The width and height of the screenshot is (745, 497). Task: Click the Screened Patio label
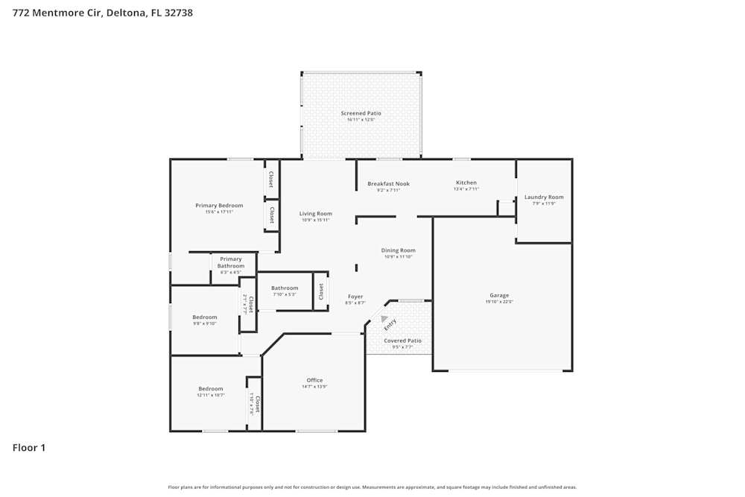click(x=361, y=113)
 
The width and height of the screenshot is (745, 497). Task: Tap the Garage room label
click(x=499, y=295)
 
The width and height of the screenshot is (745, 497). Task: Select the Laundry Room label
click(x=544, y=197)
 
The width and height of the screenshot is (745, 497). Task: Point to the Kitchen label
click(x=466, y=183)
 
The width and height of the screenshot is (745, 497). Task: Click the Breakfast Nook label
click(x=388, y=184)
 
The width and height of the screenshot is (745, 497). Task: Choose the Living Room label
click(x=316, y=214)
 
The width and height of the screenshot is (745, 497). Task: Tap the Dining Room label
click(x=399, y=250)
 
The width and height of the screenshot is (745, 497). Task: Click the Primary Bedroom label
click(x=219, y=206)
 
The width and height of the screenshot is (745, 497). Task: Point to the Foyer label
click(x=355, y=297)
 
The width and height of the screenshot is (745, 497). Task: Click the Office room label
click(x=314, y=380)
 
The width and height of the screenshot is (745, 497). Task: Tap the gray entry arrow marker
click(x=384, y=318)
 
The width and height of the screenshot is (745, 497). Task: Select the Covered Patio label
click(x=402, y=341)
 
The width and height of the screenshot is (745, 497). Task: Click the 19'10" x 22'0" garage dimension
click(x=499, y=302)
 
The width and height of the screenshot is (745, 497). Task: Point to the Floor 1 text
click(x=29, y=448)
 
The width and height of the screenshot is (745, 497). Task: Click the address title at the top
click(x=103, y=13)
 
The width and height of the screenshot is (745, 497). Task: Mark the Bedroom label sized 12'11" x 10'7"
click(x=211, y=389)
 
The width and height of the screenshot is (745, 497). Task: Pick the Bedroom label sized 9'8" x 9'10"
click(x=205, y=317)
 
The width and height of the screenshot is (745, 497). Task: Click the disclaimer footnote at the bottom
click(x=372, y=487)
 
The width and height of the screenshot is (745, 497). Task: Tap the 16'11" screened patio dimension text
click(x=361, y=120)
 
